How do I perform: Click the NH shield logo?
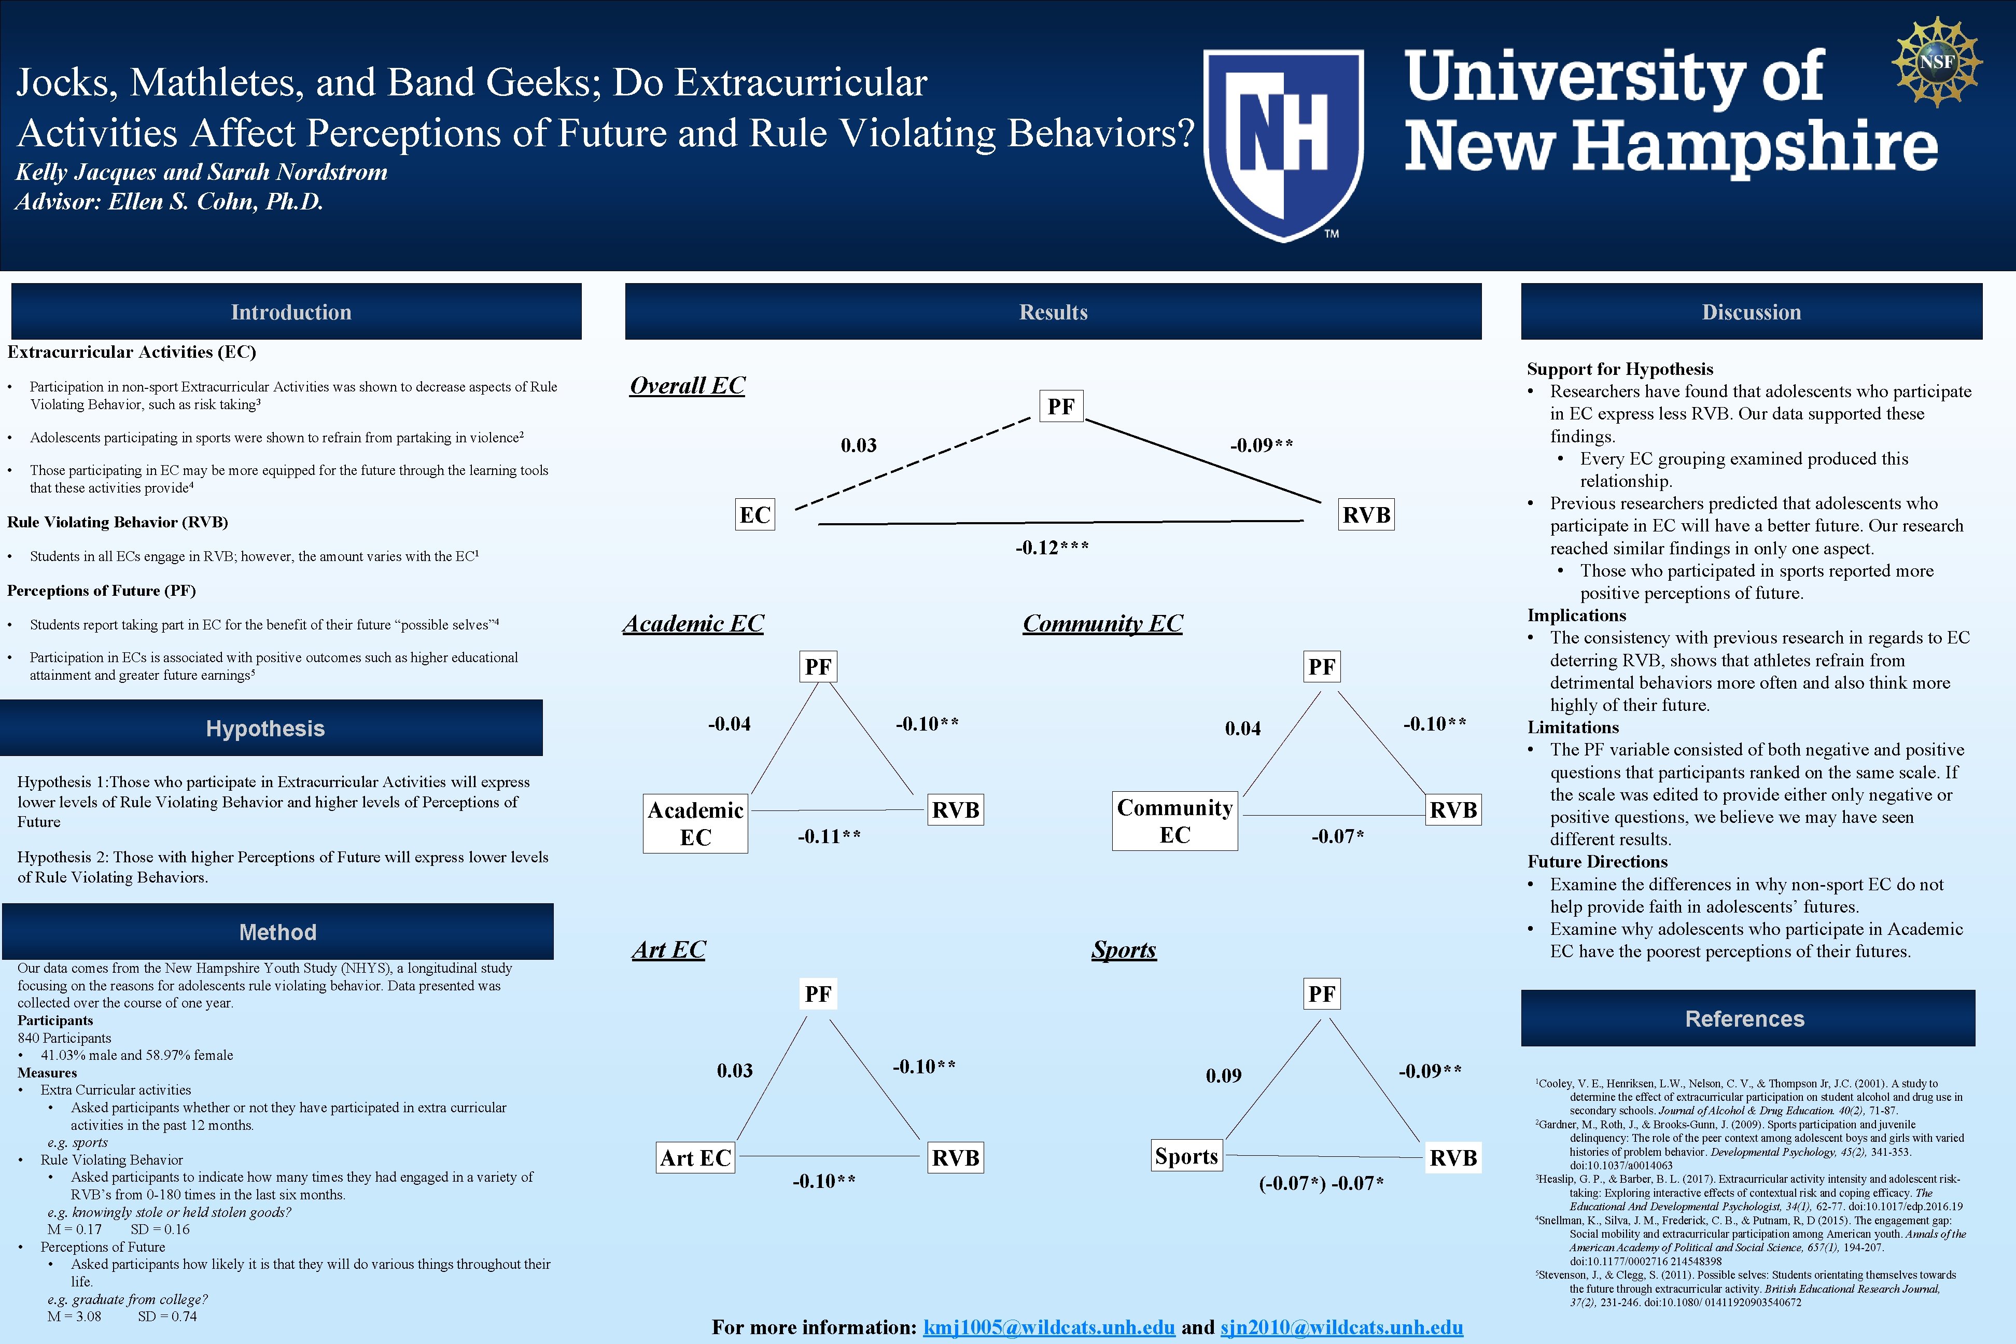pos(1283,144)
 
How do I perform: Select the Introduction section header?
pos(291,312)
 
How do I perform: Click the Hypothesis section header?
pos(265,729)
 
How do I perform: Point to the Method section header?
pos(278,932)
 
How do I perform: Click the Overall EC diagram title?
pos(688,386)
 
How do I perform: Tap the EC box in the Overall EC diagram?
pos(755,515)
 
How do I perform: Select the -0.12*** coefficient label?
pos(1052,548)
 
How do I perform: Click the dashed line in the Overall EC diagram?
pos(913,464)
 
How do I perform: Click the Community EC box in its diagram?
pos(1174,821)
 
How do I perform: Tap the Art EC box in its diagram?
pos(695,1158)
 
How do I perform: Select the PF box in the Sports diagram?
pos(1322,995)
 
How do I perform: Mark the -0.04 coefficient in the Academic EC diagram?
pos(730,724)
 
